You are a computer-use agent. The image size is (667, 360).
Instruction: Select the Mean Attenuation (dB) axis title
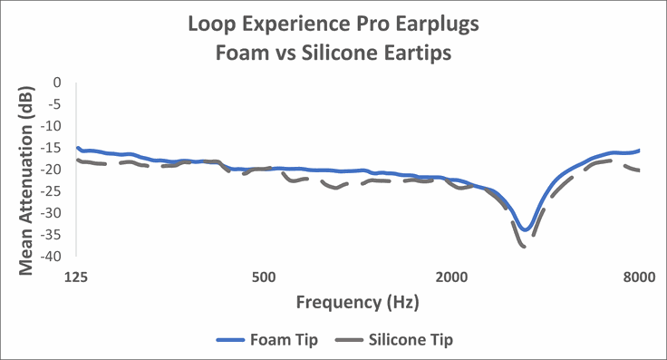coord(26,170)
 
